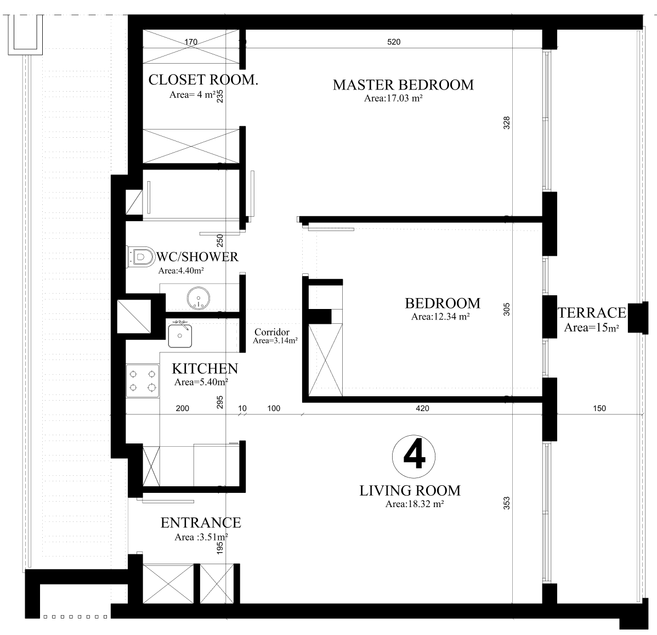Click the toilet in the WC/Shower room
point(141,257)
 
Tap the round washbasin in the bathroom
point(198,298)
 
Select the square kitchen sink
point(180,335)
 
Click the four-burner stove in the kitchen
point(143,381)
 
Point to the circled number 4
point(414,456)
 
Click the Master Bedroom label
point(403,85)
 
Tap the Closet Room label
point(203,80)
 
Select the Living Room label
point(410,490)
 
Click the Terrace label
point(592,312)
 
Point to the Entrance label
point(201,522)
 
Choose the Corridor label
point(272,332)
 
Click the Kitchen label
point(205,369)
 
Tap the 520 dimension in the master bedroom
point(394,42)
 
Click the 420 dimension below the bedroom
point(422,408)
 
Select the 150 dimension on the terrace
point(599,408)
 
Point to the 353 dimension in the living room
point(507,503)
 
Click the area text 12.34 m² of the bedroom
point(440,317)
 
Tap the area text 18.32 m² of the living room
point(415,504)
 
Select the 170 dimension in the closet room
point(191,42)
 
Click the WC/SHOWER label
point(197,257)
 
